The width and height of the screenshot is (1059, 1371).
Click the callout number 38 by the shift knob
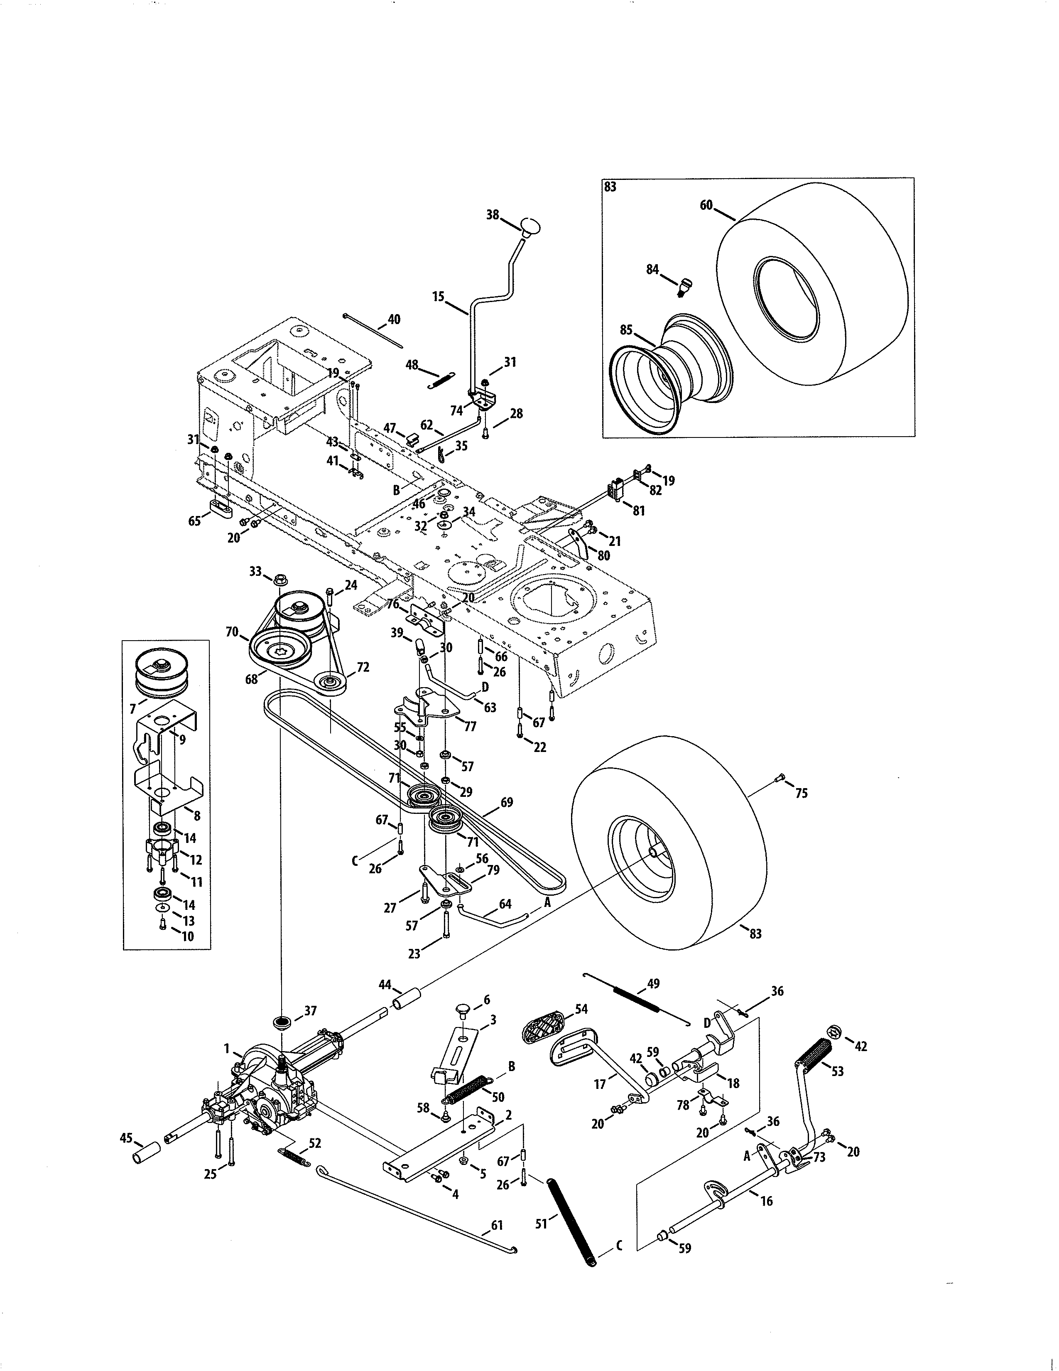coord(493,215)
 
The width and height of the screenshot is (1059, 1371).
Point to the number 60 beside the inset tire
coord(706,205)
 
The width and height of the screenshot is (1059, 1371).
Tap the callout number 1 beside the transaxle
coord(226,1048)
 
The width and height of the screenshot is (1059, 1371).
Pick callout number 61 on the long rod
coord(496,1225)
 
